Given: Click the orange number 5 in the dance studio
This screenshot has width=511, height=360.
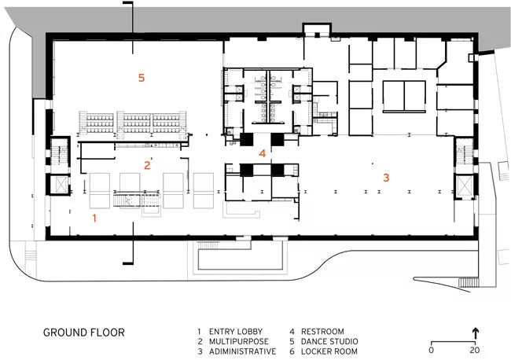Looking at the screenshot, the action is click(x=141, y=78).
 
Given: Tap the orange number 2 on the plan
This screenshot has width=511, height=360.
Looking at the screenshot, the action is click(x=147, y=165).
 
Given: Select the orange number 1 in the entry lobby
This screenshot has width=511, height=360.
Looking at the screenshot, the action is click(x=94, y=218).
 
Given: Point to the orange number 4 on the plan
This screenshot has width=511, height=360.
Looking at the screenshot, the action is click(x=263, y=153).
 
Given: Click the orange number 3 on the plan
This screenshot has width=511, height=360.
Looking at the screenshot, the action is click(x=386, y=178).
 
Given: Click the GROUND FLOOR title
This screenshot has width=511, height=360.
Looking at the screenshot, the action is click(x=84, y=332).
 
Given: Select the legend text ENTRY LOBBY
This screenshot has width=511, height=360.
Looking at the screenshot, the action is click(x=236, y=332).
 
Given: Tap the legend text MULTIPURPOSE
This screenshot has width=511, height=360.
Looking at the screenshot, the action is click(x=239, y=341).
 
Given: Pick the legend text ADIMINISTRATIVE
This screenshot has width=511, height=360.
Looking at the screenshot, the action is click(x=242, y=351).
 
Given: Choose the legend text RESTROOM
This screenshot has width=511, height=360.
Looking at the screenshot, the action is click(x=322, y=332).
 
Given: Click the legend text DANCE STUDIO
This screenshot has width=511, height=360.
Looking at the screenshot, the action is click(x=329, y=341).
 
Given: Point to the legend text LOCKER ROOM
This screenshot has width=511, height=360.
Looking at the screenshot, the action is click(x=329, y=351).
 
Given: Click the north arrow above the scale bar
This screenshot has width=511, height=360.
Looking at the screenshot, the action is click(x=475, y=334).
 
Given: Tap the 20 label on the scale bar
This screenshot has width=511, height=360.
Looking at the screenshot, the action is click(x=475, y=351).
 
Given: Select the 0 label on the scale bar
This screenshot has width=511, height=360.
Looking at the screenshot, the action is click(x=431, y=351).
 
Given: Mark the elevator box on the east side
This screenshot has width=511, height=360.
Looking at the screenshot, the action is click(x=465, y=186).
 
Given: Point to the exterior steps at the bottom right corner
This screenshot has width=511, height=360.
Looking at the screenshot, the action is click(x=469, y=282).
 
